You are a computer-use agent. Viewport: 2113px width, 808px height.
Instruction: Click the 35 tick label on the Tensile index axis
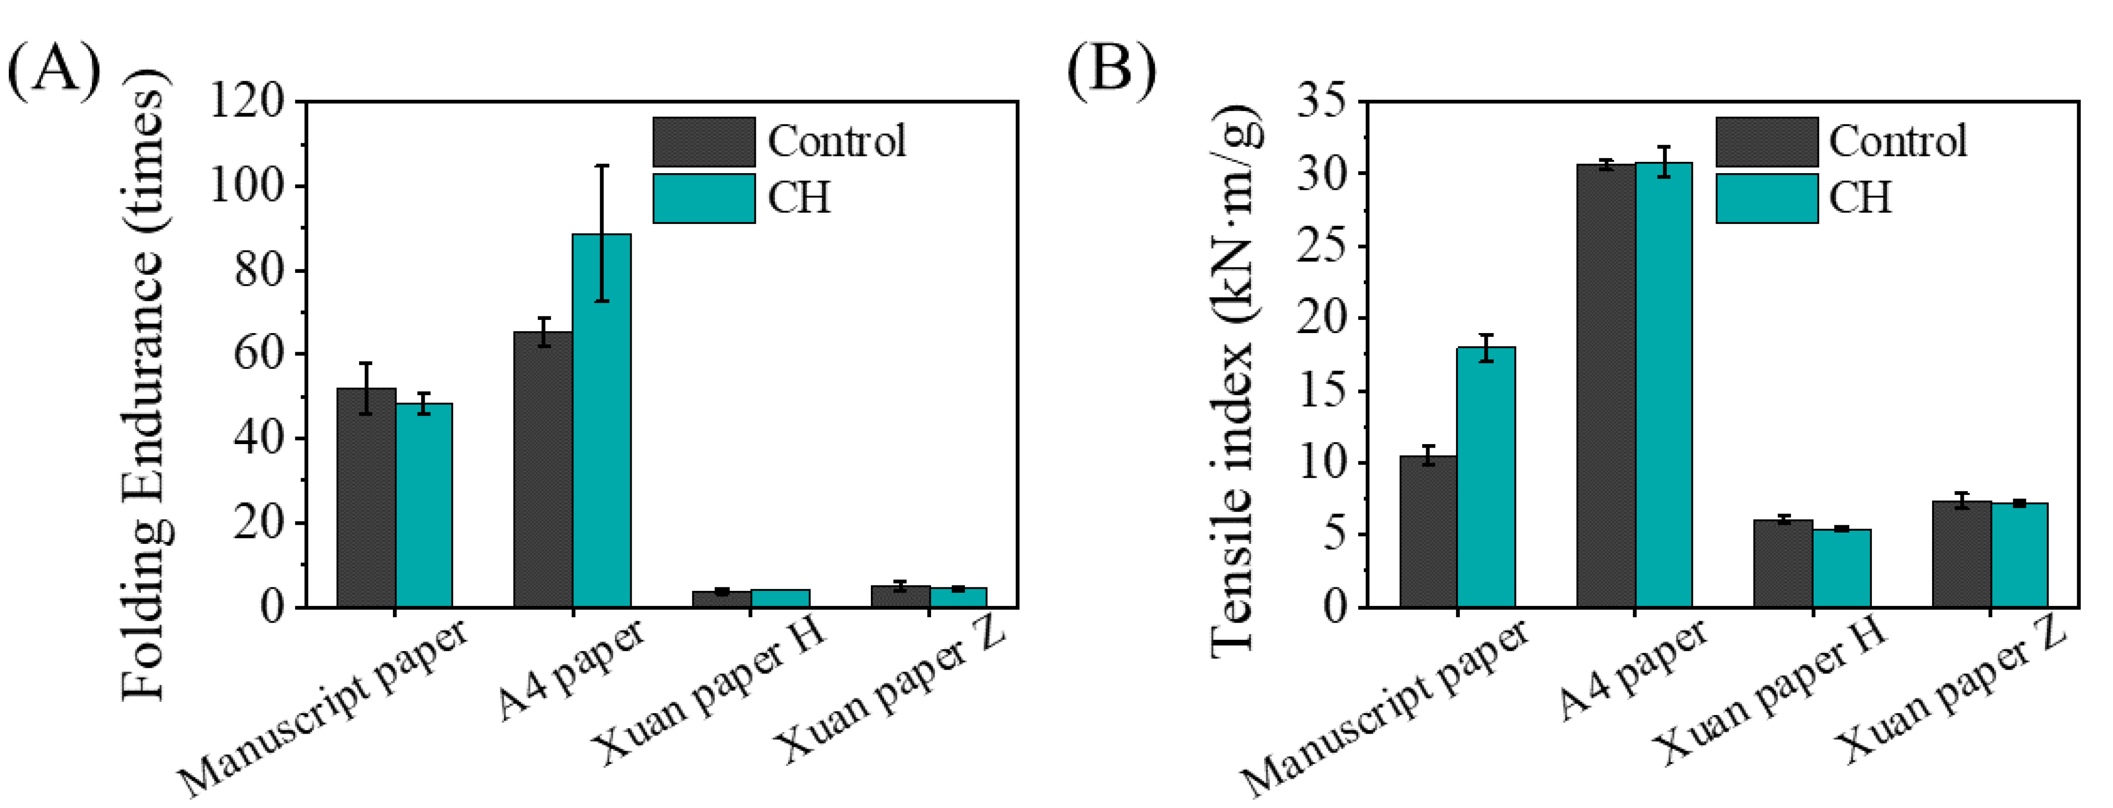[x=1320, y=102]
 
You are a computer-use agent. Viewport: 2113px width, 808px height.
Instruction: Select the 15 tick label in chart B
[x=1320, y=390]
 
